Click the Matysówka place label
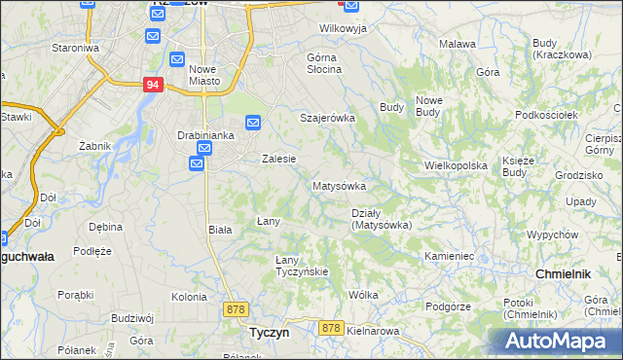[x=339, y=185]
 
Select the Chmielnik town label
[x=564, y=274]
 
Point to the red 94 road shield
[x=151, y=85]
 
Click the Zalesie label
[x=278, y=159]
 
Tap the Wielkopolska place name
[x=456, y=165]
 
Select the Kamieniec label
[x=449, y=256]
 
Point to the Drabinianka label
[x=205, y=135]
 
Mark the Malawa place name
[x=458, y=44]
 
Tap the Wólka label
[x=363, y=294]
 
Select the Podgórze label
[x=448, y=306]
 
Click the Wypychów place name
[x=552, y=235]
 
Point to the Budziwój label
[x=132, y=317]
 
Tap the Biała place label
[x=220, y=230]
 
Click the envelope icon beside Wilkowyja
[x=350, y=7]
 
